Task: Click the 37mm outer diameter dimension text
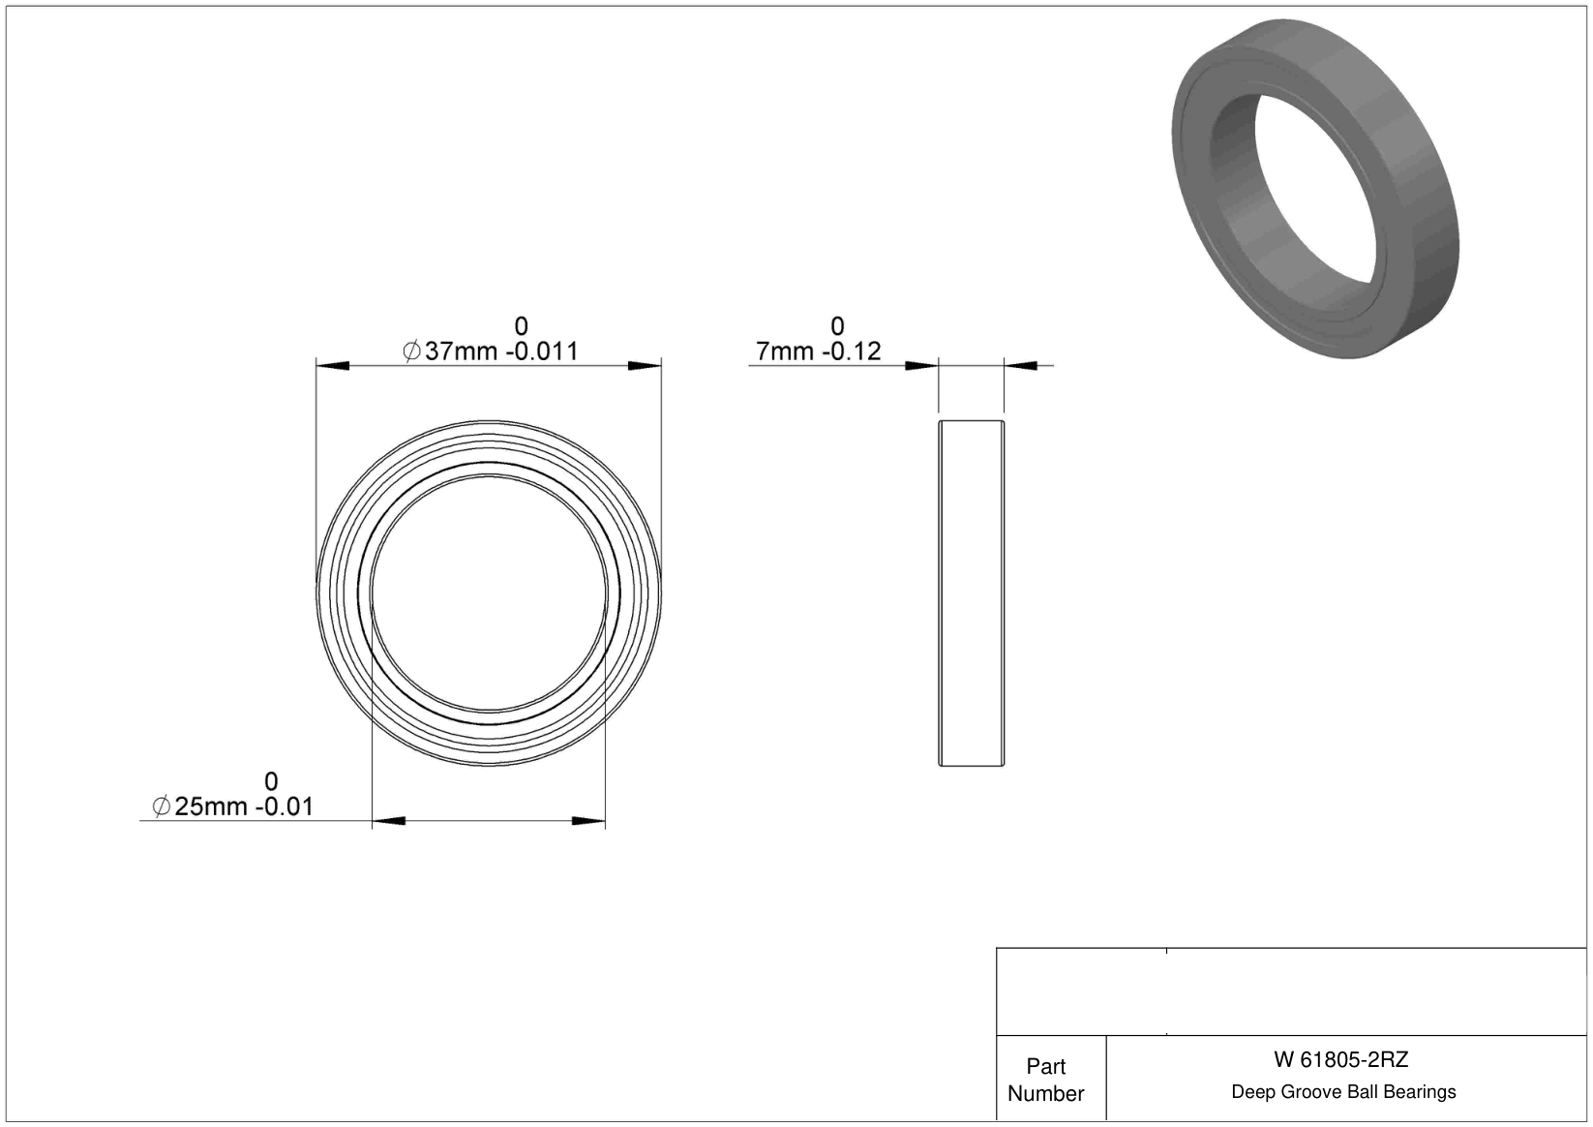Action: click(461, 350)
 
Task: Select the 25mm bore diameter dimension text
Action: click(210, 807)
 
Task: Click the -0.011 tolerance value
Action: click(541, 350)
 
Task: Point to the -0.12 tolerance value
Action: click(852, 350)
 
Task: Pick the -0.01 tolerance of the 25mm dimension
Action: click(283, 807)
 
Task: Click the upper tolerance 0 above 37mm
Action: click(522, 326)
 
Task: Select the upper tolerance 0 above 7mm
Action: click(837, 326)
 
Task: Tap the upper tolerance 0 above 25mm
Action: click(271, 781)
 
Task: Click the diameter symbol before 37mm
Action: click(411, 350)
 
